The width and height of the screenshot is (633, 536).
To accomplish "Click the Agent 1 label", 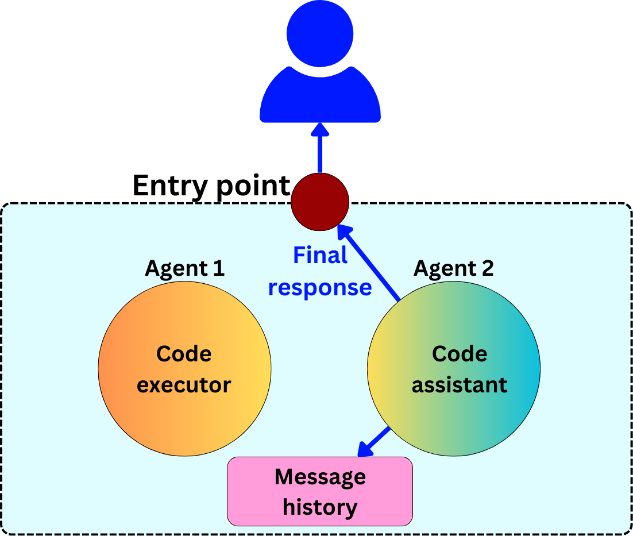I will [x=184, y=268].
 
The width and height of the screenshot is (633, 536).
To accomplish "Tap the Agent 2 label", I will [x=454, y=268].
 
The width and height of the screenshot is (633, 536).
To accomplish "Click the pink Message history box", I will [x=320, y=491].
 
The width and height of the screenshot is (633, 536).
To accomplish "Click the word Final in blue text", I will [x=320, y=256].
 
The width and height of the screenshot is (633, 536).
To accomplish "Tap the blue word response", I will [x=320, y=287].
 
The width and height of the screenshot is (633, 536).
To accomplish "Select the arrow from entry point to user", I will [x=320, y=151].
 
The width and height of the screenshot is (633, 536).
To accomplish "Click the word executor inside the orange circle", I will [x=184, y=384].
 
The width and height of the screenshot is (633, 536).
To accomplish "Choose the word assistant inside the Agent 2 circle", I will [x=460, y=384].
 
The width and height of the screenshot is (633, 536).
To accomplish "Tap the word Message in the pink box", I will [x=320, y=477].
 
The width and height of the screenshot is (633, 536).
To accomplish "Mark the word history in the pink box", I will [x=320, y=507].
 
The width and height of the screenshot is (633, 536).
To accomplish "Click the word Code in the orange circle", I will [x=184, y=354].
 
